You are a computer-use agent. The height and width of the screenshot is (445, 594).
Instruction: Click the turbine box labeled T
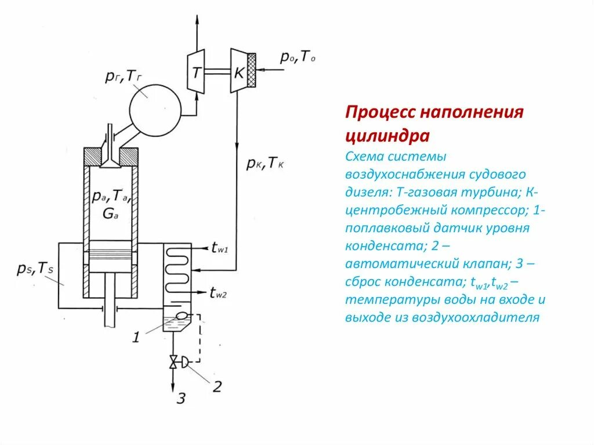(197, 72)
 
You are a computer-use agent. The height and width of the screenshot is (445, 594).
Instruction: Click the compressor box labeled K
(238, 71)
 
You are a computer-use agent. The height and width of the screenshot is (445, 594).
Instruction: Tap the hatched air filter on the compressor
(251, 70)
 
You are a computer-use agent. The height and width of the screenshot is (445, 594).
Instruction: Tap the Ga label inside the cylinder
(109, 213)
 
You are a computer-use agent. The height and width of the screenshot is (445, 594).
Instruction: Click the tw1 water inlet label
(220, 248)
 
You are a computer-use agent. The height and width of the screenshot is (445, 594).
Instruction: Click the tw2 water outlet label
(218, 294)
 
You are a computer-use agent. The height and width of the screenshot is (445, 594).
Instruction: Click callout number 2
(216, 386)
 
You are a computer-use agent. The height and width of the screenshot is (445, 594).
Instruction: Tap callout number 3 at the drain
(181, 399)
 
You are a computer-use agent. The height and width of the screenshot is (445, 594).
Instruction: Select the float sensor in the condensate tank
(182, 316)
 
